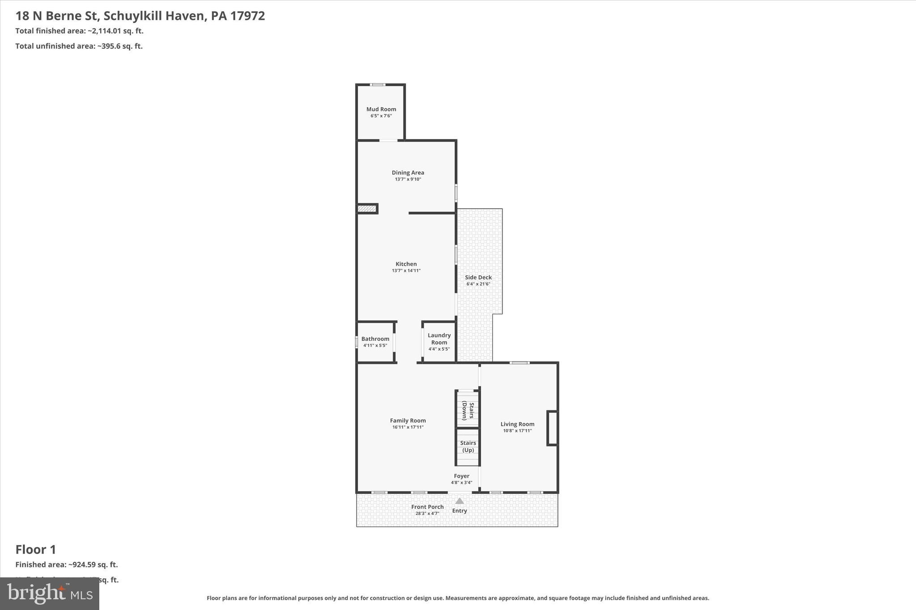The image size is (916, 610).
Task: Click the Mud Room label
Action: click(381, 109)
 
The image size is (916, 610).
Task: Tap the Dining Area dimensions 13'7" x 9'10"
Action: click(408, 179)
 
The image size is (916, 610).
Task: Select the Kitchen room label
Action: click(406, 264)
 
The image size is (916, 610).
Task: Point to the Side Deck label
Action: click(478, 278)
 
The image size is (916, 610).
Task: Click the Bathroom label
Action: click(375, 339)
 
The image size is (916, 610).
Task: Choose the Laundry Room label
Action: click(439, 339)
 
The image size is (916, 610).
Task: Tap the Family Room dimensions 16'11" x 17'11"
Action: click(408, 427)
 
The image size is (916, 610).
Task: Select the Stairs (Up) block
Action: click(468, 446)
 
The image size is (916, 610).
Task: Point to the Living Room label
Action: click(517, 424)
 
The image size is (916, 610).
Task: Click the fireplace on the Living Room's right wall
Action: click(552, 428)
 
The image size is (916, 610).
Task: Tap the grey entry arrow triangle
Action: click(459, 501)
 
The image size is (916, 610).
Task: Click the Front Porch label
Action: click(427, 507)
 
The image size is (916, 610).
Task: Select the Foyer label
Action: click(462, 476)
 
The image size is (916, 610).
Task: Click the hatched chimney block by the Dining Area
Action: click(367, 209)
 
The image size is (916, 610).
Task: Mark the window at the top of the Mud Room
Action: click(378, 84)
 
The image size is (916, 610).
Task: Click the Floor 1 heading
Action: click(36, 549)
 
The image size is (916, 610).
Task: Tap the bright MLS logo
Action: click(50, 593)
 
